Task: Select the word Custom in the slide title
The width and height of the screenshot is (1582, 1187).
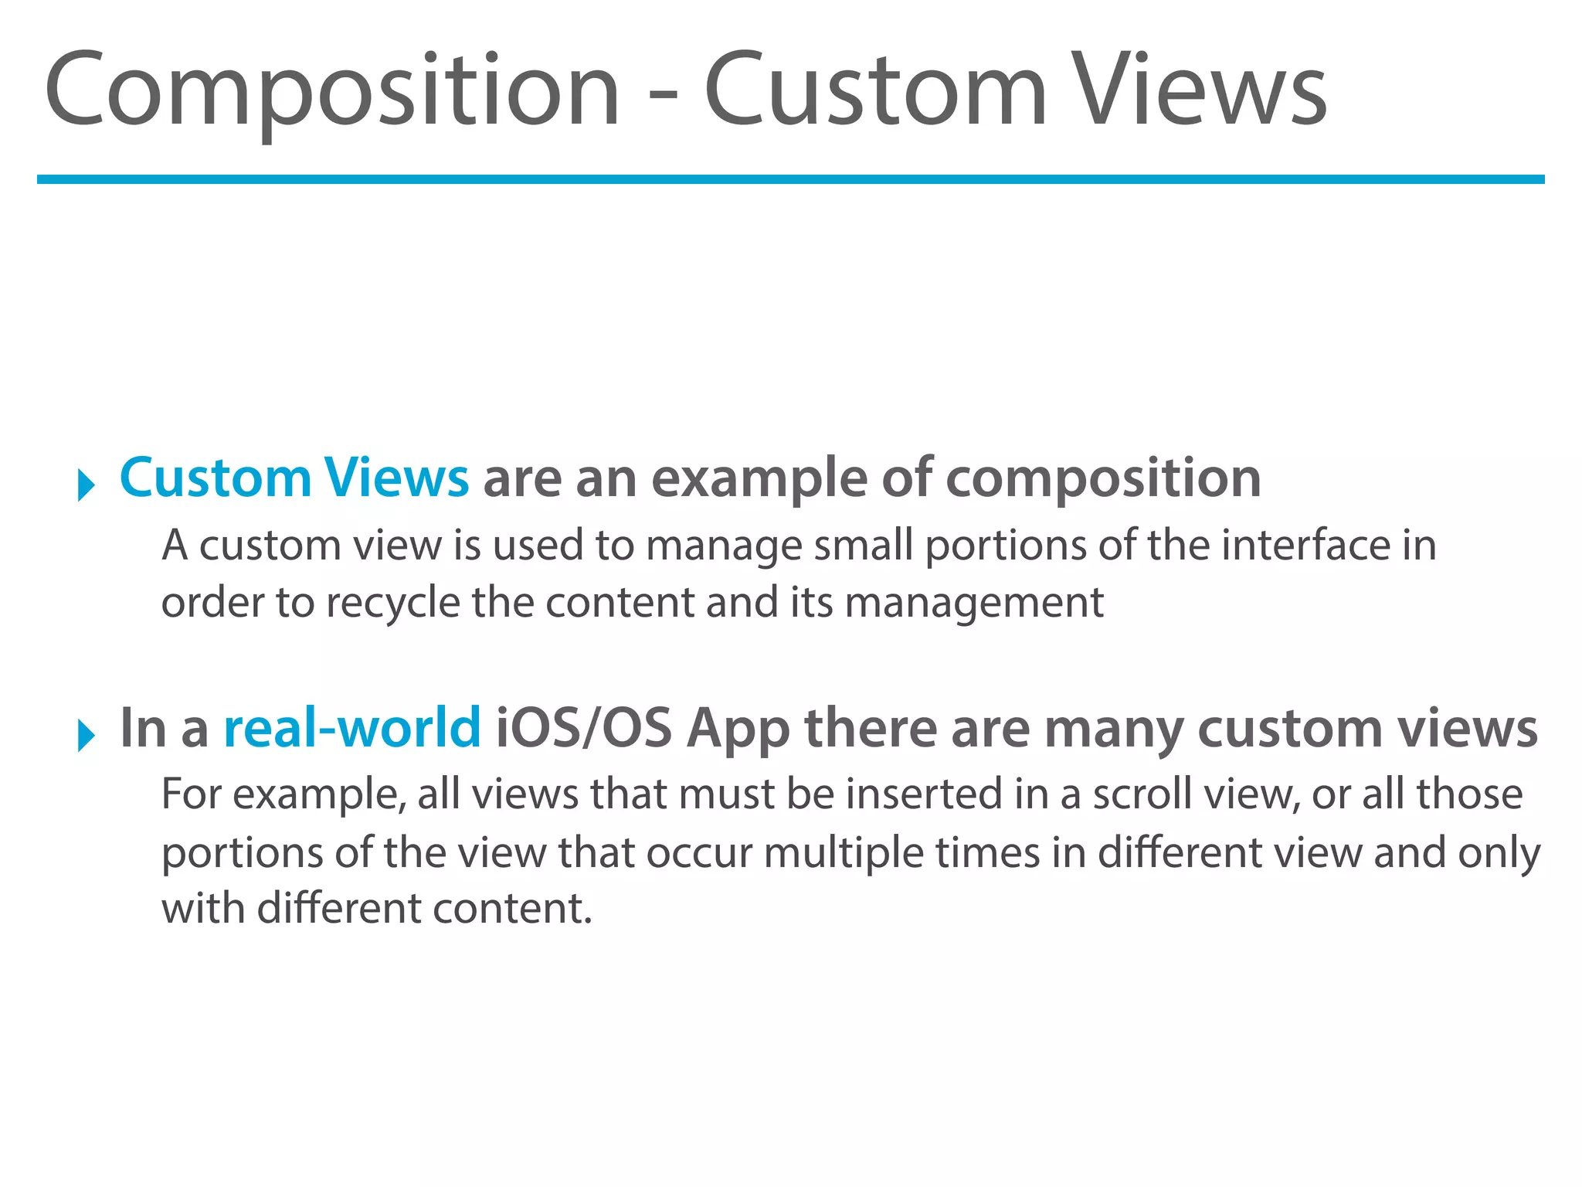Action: coord(875,91)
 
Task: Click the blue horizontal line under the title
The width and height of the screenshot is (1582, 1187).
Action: coord(791,179)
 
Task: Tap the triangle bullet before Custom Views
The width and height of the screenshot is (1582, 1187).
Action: coord(86,485)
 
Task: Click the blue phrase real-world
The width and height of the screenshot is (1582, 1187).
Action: coord(352,728)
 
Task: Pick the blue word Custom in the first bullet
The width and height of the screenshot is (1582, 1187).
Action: coord(215,478)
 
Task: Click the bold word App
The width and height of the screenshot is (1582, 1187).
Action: coord(738,730)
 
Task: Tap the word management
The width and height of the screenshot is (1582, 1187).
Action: coord(974,603)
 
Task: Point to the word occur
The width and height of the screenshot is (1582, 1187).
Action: coord(699,853)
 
